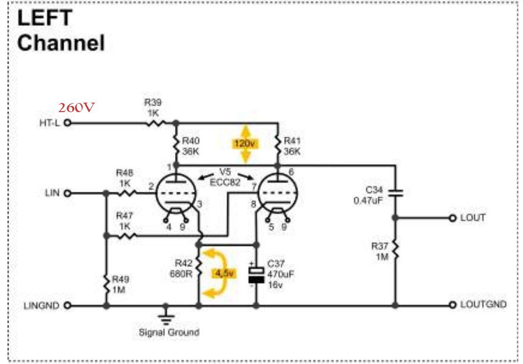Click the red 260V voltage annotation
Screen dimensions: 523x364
click(76, 107)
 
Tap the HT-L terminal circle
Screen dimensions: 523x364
click(67, 123)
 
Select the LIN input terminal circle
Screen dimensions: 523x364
click(67, 193)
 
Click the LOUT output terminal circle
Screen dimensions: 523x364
click(452, 218)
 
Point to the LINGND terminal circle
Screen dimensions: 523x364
click(67, 305)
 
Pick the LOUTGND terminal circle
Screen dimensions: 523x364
click(452, 305)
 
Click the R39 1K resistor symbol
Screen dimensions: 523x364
click(155, 123)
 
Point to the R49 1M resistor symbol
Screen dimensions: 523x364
click(106, 284)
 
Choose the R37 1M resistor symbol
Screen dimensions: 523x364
click(396, 251)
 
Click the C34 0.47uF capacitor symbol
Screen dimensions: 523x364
click(396, 193)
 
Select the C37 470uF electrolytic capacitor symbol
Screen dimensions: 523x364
click(256, 275)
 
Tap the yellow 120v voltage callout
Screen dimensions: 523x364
click(245, 144)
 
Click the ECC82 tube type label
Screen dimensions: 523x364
click(225, 182)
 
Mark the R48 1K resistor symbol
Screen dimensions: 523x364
click(127, 193)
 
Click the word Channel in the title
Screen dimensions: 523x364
click(61, 43)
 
